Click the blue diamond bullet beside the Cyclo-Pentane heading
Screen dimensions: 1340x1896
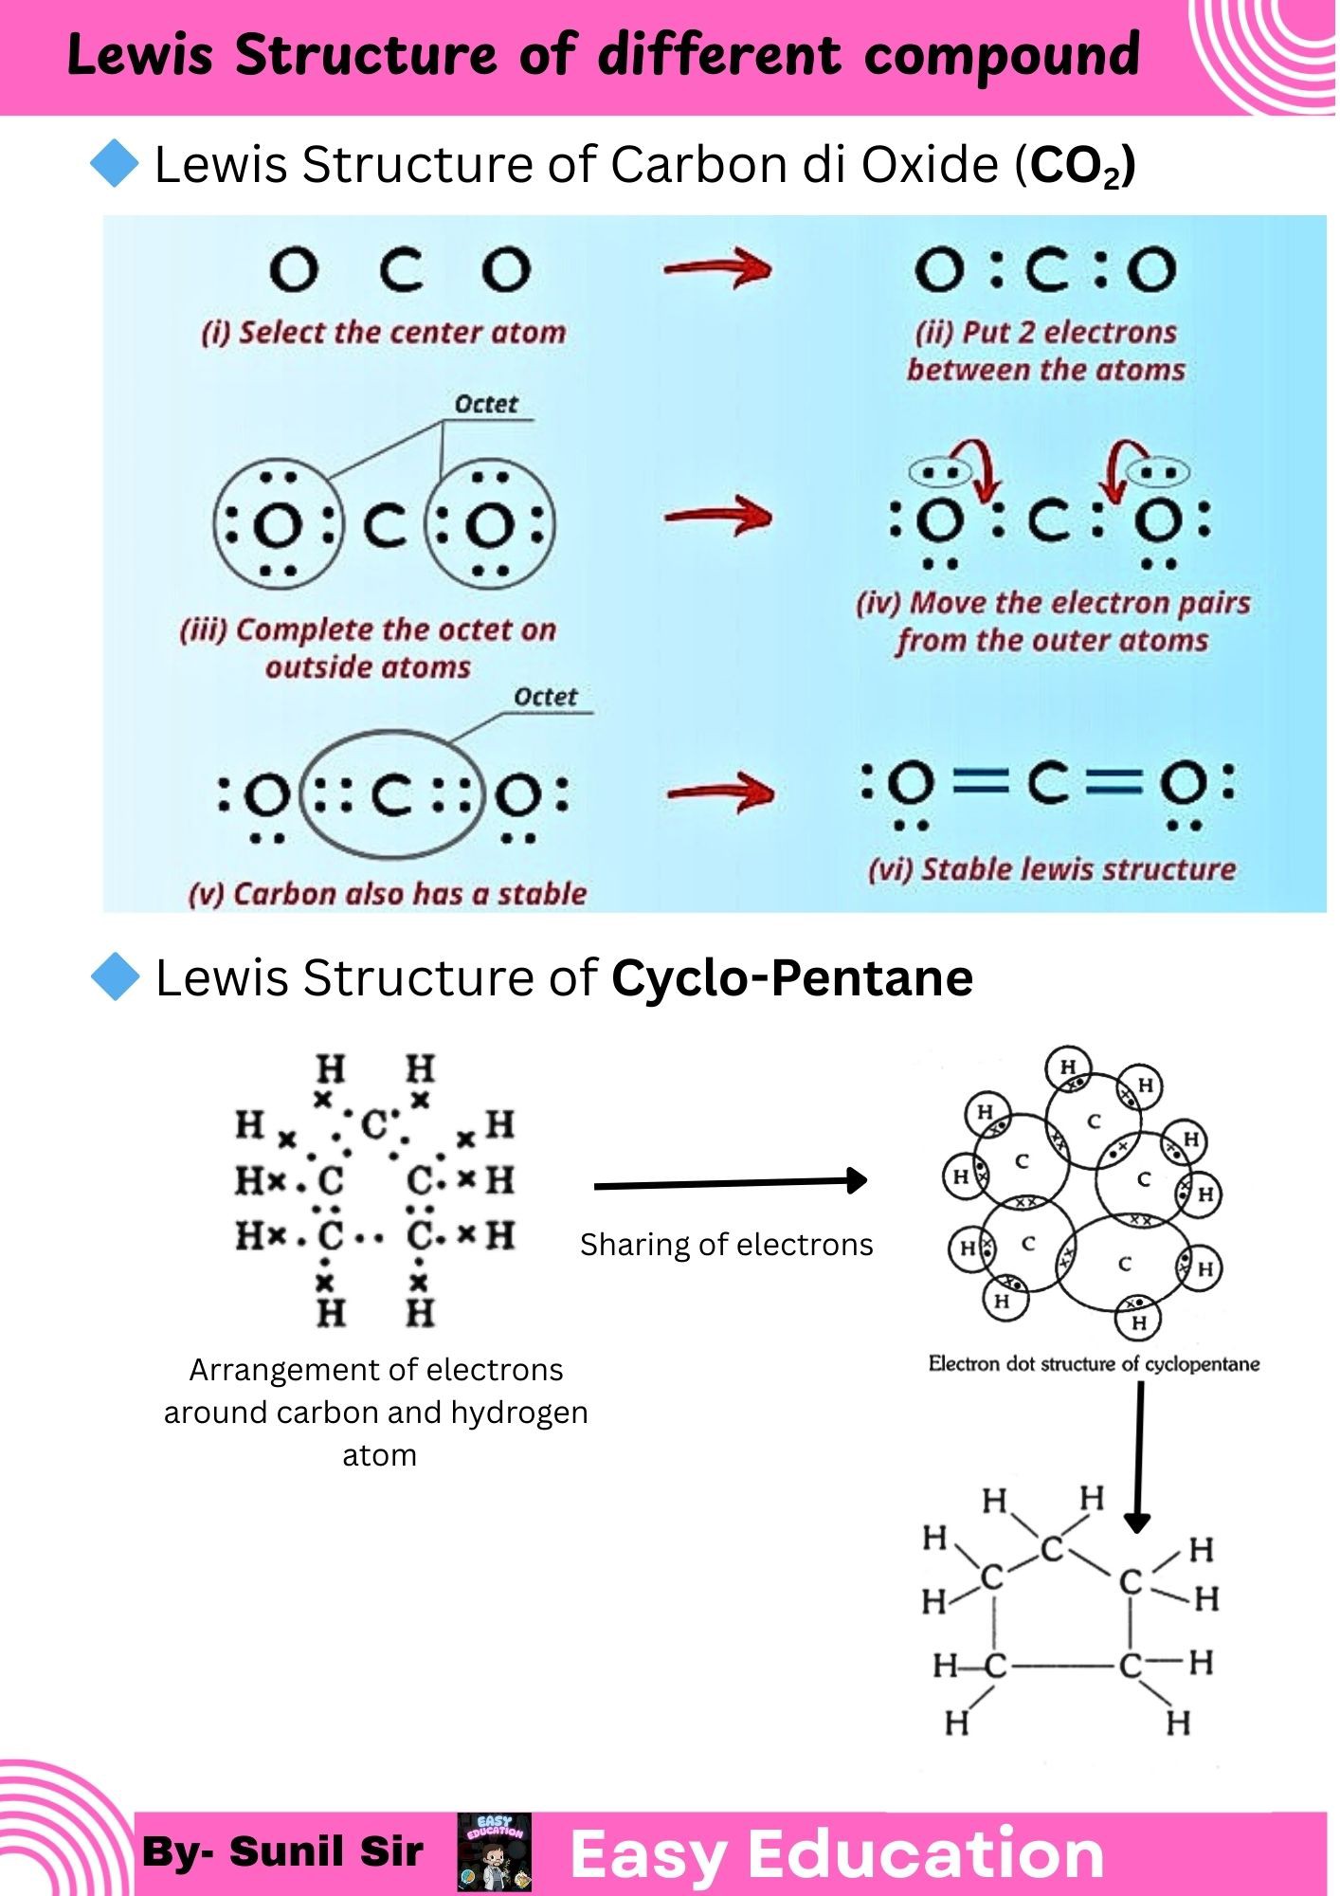(x=115, y=976)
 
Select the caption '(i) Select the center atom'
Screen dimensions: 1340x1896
(x=384, y=333)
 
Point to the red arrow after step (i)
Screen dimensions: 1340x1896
(x=717, y=268)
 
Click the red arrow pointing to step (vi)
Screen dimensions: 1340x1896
(x=720, y=792)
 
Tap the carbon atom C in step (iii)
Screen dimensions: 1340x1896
(x=385, y=525)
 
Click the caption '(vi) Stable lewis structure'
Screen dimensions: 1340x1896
(x=1052, y=869)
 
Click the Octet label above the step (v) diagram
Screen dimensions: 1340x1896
(x=546, y=697)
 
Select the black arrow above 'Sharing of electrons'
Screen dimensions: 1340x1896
(x=731, y=1182)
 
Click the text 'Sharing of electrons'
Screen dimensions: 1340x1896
(x=727, y=1244)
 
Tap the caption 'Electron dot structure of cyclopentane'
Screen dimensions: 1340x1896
(x=1094, y=1364)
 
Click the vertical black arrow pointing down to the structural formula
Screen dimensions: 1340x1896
(x=1138, y=1456)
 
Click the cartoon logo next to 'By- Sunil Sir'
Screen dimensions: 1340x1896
(x=495, y=1852)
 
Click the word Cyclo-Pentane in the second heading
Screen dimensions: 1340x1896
(x=792, y=977)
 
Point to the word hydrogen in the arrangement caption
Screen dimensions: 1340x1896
(x=519, y=1413)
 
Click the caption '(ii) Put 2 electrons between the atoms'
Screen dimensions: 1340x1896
(x=1046, y=351)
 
